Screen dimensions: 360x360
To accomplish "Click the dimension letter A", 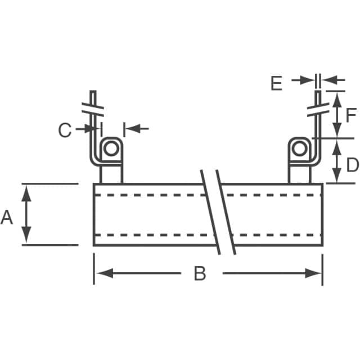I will coord(7,217).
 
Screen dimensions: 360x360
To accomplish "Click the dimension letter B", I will coord(200,274).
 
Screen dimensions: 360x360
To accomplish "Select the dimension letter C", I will coord(65,130).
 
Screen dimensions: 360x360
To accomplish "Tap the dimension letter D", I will coord(352,165).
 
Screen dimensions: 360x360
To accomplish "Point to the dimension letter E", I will coord(276,83).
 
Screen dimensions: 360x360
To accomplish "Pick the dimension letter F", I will coord(351,115).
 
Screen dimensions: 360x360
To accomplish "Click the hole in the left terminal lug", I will coord(111,148).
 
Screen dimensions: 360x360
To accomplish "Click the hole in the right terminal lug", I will coord(300,148).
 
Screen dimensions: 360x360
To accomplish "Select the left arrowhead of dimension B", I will coord(101,273).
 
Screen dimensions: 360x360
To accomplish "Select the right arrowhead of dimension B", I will coord(315,273).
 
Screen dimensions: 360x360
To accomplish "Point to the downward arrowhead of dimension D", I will coord(336,177).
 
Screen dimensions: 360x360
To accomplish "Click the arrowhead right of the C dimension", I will coord(130,129).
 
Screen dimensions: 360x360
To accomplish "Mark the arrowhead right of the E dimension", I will coord(327,80).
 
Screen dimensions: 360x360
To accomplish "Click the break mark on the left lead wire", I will coord(93,107).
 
